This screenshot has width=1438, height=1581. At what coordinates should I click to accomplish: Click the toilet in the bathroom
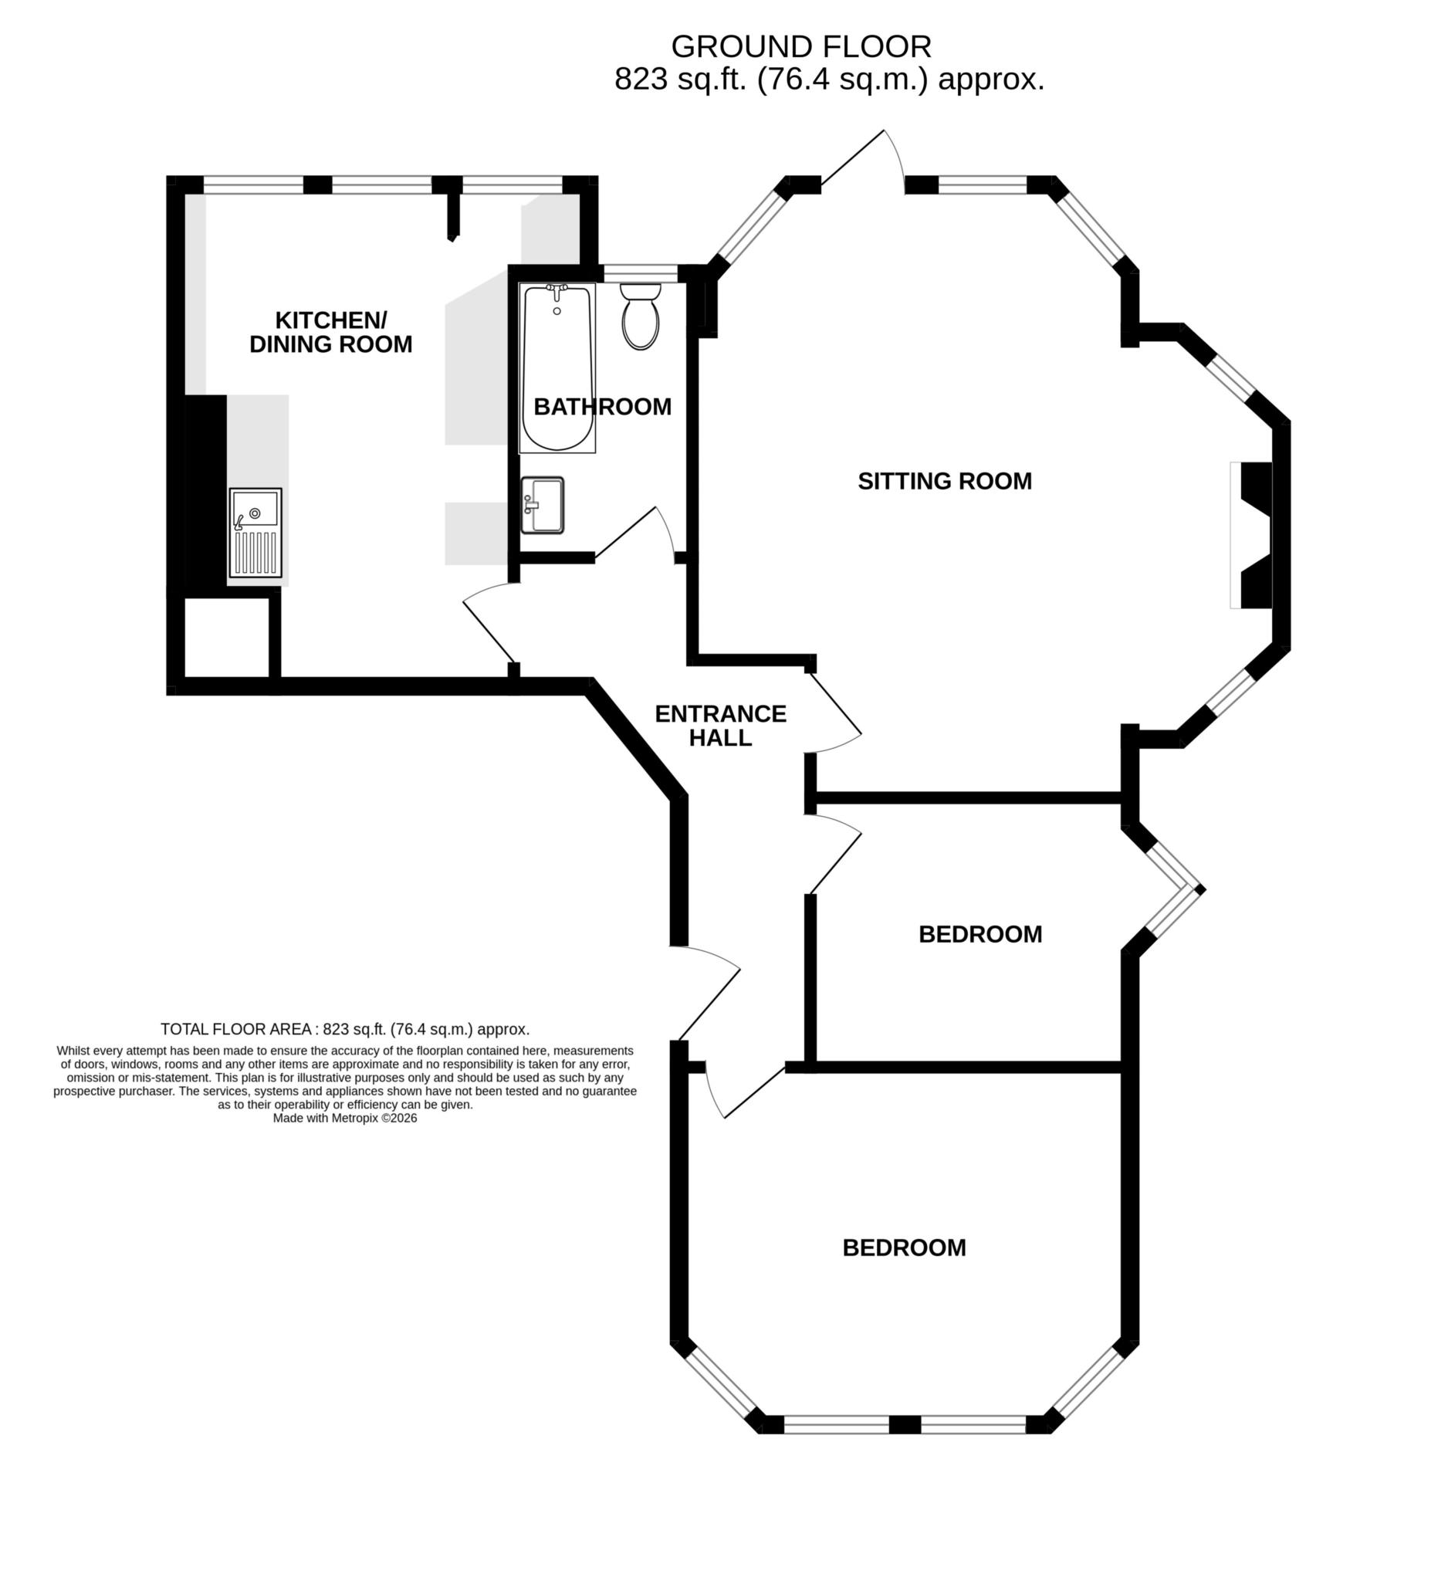tap(640, 317)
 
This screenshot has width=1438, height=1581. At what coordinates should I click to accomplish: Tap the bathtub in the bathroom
tap(557, 367)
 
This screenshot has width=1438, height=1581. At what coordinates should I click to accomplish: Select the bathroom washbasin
tap(543, 506)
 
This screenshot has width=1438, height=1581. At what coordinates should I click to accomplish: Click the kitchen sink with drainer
tap(255, 533)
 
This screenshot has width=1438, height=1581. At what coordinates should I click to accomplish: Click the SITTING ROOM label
tap(944, 481)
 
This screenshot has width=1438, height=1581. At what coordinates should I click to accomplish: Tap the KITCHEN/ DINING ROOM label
tap(331, 332)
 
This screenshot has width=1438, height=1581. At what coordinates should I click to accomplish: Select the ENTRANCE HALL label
tap(720, 726)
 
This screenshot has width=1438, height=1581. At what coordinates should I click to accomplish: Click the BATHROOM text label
tap(602, 406)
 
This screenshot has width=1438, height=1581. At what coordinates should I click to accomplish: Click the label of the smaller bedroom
tap(980, 934)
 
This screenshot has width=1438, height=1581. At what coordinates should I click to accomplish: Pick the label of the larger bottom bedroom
tap(904, 1248)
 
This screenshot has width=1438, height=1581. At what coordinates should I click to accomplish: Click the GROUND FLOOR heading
tap(800, 47)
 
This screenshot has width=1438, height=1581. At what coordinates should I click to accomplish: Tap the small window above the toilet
tap(641, 273)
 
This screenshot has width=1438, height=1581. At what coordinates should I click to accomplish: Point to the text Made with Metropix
tap(344, 1119)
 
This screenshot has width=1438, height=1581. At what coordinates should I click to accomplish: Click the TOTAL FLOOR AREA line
tap(345, 1029)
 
